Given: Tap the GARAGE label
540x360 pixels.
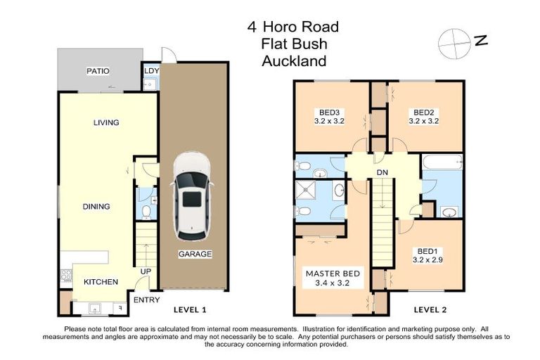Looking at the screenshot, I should pos(195,254).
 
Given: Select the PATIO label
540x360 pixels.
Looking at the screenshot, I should pos(98,71).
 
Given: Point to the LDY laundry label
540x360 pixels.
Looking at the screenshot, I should pos(151,71).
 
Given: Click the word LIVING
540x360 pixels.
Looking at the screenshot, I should pos(106,123).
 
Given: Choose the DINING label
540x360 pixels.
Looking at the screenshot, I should pos(96,207).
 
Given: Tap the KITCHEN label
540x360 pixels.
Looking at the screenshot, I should pos(101,282).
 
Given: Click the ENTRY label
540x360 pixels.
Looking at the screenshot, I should pos(146,300).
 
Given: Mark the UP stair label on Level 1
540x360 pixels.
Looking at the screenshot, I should pos(146,271).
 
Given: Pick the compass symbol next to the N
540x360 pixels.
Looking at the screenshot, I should pos(451,43).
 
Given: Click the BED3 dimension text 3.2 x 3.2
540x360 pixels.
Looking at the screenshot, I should pos(330,121).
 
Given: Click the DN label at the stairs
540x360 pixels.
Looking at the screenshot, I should pos(383,172).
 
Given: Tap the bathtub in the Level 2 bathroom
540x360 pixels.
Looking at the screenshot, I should pos(442,163).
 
